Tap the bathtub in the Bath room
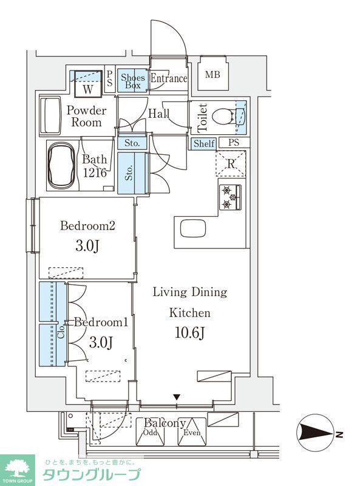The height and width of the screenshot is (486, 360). click(61, 165)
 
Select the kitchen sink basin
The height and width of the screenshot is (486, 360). click(193, 228)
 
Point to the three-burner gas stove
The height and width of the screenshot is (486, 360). click(231, 197)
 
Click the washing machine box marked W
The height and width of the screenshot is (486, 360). click(88, 84)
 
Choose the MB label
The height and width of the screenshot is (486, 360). click(212, 74)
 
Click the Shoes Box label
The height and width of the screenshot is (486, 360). click(133, 81)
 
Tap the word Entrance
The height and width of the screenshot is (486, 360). click(169, 78)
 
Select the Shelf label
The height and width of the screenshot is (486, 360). click(204, 143)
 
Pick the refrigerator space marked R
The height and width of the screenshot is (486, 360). click(231, 164)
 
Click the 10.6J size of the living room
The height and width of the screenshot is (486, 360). click(189, 333)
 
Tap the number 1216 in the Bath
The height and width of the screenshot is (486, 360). click(95, 173)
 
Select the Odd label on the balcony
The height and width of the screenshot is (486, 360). click(151, 433)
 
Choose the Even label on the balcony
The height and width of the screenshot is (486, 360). click(192, 433)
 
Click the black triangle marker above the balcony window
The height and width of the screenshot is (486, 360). click(177, 397)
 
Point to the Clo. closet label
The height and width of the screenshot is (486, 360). click(61, 332)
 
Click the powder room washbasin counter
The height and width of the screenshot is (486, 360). click(50, 115)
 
